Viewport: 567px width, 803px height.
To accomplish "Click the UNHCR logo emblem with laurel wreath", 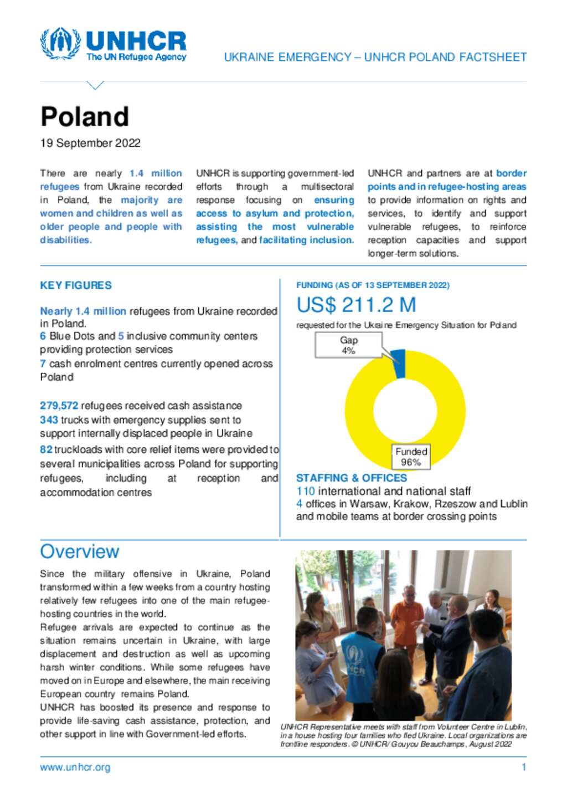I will point(60,44).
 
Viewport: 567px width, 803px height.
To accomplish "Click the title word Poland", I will point(84,117).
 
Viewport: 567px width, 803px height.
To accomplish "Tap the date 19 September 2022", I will point(90,143).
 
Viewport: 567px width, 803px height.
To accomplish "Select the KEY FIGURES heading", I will point(76,285).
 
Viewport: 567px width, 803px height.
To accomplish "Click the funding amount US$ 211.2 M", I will point(356,305).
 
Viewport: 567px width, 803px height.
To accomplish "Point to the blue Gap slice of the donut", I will point(399,364).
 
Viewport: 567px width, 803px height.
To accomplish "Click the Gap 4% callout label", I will point(348,345).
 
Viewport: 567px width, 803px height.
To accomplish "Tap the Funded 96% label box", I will point(411,457).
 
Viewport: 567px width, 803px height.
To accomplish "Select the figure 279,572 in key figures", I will point(59,406).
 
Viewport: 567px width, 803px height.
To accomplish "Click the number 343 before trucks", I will point(49,420).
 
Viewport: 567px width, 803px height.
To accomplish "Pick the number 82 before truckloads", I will point(46,449).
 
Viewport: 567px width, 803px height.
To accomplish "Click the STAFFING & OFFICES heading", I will point(351,478).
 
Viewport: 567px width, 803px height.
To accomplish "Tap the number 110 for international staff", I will point(305,491).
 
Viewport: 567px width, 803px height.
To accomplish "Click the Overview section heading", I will point(79,551).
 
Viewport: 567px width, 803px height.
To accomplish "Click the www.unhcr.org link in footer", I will point(75,767).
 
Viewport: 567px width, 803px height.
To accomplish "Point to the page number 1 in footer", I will point(523,767).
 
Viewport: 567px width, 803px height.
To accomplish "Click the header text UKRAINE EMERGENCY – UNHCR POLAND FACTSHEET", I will point(375,57).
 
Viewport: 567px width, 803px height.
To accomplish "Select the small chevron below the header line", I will point(95,85).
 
